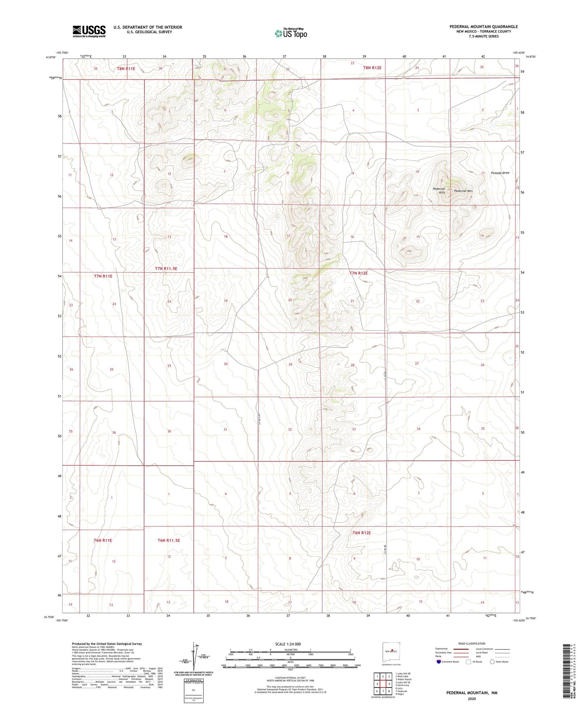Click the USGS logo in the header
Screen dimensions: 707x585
click(x=89, y=31)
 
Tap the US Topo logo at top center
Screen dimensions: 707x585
click(x=291, y=33)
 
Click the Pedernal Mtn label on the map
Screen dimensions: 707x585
click(x=463, y=191)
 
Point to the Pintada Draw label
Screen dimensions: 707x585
click(x=500, y=173)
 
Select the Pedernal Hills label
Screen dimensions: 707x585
click(x=439, y=190)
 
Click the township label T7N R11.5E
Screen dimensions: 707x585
click(x=166, y=268)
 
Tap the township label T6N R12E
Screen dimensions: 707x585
click(x=362, y=533)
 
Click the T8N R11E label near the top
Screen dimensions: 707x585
click(x=126, y=68)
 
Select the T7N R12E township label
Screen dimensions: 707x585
click(x=359, y=273)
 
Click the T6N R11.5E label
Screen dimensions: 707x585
click(x=168, y=540)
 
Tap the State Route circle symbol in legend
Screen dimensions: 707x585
click(x=492, y=662)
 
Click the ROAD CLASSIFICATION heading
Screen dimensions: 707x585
click(x=472, y=643)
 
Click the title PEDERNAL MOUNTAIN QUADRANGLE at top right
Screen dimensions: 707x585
click(x=483, y=27)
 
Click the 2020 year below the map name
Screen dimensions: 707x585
click(x=472, y=698)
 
